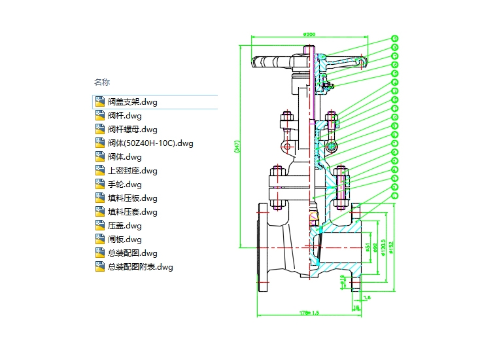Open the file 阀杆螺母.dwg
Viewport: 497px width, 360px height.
132,130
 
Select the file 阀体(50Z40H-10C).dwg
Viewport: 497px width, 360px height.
150,143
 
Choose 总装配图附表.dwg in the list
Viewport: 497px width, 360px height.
140,267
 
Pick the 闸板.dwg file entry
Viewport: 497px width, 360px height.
124,240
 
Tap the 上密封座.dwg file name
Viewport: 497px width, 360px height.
132,171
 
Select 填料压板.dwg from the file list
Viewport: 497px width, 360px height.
132,198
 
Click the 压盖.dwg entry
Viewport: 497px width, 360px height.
124,226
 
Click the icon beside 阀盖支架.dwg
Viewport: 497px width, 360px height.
100,101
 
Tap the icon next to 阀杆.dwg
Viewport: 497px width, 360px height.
100,116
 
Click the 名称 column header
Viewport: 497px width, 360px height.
102,82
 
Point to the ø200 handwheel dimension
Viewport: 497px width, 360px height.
310,34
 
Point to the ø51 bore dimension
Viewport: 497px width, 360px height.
368,247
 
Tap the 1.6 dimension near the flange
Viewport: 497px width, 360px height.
366,298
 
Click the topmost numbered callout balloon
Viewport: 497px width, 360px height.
395,39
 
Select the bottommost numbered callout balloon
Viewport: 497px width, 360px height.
395,195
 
